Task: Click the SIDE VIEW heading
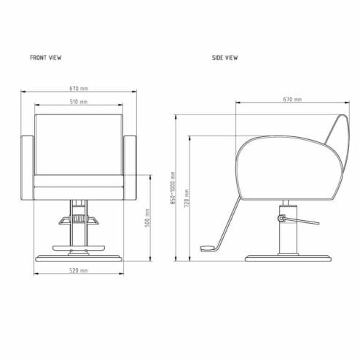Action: point(224,57)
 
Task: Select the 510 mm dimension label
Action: point(80,101)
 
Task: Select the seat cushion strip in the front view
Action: point(80,181)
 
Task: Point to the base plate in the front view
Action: point(80,257)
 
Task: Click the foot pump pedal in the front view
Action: point(80,219)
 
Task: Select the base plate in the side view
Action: point(281,258)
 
